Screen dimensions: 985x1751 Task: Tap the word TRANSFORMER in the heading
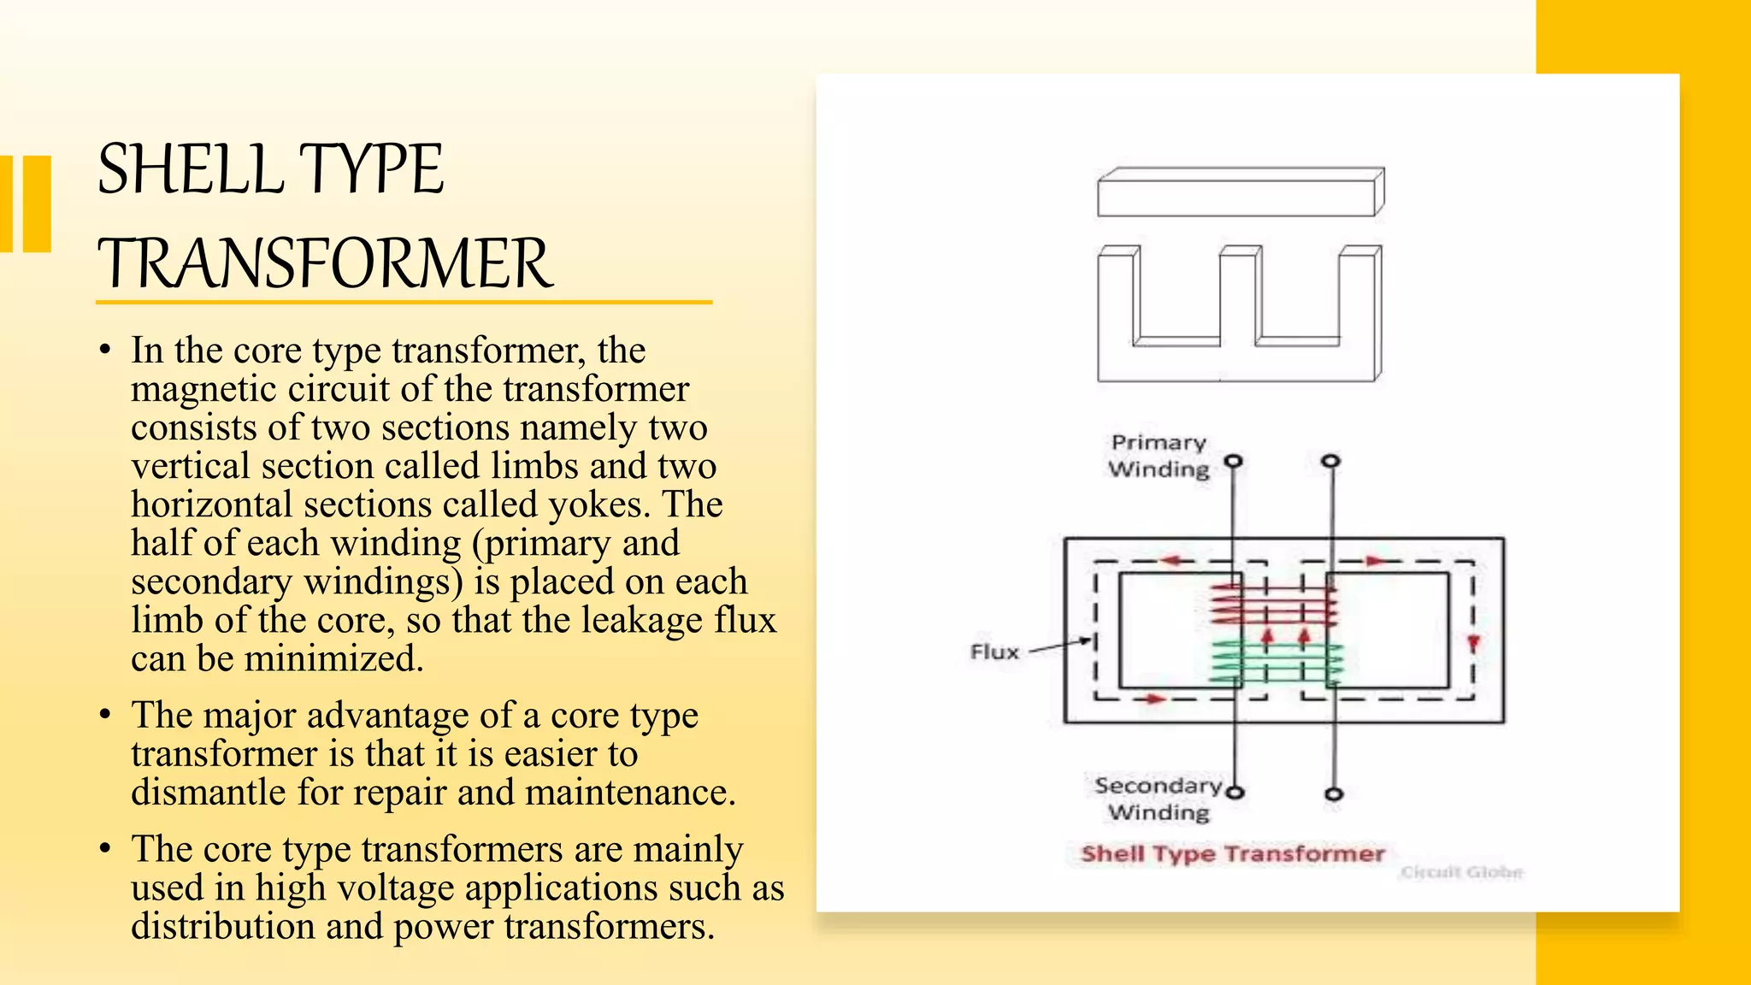(x=325, y=264)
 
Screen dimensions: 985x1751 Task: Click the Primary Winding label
(x=1158, y=456)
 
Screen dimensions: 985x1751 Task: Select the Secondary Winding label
(x=1158, y=799)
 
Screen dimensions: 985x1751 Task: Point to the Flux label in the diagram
(x=994, y=652)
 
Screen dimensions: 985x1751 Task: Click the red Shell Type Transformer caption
(x=1232, y=853)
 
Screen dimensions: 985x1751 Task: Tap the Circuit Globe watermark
(x=1461, y=872)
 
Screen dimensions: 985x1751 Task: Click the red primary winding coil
(x=1274, y=605)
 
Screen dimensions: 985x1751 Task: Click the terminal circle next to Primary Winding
(x=1233, y=462)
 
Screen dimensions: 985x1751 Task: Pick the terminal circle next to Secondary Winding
(x=1235, y=792)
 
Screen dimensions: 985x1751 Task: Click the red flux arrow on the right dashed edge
(x=1472, y=644)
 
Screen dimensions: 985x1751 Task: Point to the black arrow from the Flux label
(x=1060, y=646)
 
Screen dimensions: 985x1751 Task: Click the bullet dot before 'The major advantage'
(x=104, y=715)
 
